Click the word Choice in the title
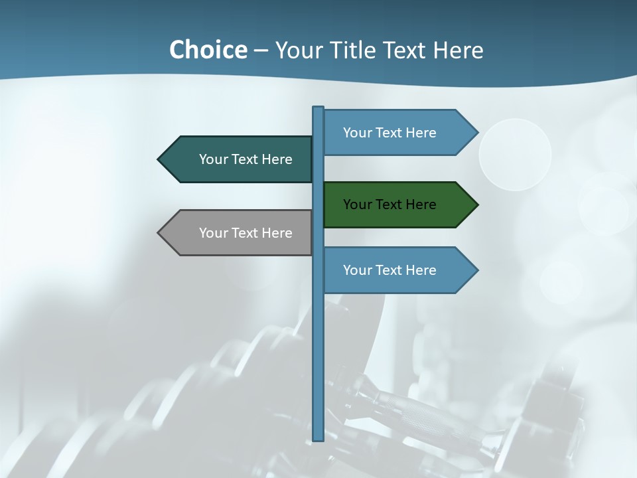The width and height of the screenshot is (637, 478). (208, 50)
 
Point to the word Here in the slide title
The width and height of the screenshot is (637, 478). (459, 50)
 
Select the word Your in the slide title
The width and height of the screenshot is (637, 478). (299, 50)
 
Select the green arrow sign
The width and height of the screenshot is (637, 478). (398, 204)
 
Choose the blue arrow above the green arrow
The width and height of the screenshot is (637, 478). (398, 133)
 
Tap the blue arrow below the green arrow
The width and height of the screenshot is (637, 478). (398, 270)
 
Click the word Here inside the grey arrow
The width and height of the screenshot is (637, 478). (277, 233)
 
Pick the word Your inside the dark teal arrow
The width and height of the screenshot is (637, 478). (214, 159)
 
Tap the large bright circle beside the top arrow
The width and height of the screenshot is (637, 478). (515, 155)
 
